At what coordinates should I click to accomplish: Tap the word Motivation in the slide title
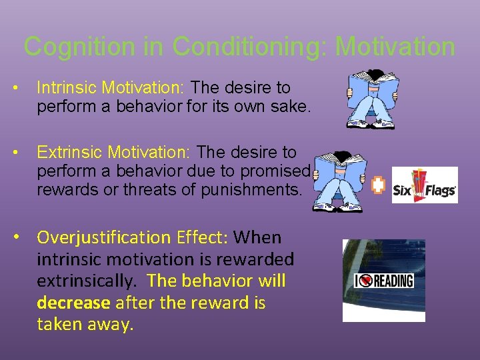coord(395,47)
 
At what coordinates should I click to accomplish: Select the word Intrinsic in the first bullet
coord(63,88)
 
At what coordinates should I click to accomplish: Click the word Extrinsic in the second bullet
coord(65,153)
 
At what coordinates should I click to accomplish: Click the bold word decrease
coord(74,303)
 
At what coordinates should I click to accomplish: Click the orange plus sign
coord(378,186)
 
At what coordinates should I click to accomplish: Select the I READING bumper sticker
coord(383,280)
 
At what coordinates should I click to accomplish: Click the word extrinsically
coord(88,281)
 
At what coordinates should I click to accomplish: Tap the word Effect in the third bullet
coord(207,237)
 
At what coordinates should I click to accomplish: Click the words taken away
coord(85,325)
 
